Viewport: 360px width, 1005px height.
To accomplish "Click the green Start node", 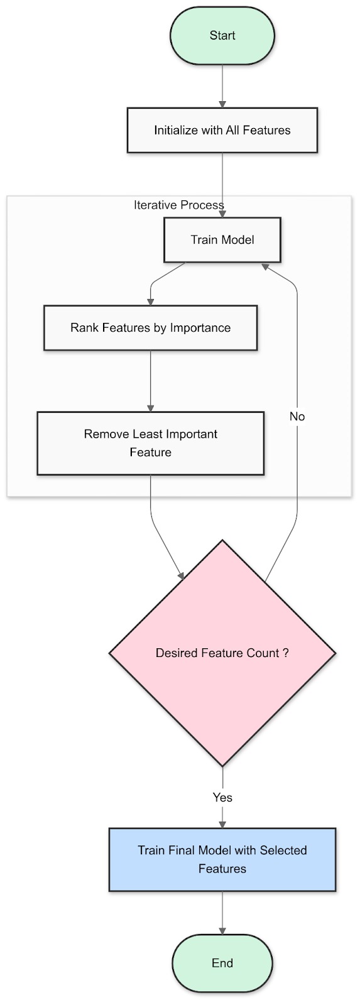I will (222, 36).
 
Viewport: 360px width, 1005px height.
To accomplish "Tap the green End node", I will (222, 963).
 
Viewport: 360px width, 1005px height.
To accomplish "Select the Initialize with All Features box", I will (222, 130).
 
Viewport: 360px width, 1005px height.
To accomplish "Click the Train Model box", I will (222, 239).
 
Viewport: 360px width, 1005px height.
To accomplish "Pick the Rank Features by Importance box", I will (150, 327).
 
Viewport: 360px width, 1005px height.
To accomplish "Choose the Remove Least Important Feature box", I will (150, 443).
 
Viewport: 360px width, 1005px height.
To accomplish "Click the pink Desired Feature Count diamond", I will (222, 653).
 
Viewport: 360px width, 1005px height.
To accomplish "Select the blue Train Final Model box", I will (222, 859).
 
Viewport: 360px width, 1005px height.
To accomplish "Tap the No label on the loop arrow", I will (297, 416).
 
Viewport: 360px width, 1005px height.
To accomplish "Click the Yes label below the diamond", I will (222, 797).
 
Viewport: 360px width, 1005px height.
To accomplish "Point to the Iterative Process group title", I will (179, 205).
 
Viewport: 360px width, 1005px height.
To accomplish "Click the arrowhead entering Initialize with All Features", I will (222, 104).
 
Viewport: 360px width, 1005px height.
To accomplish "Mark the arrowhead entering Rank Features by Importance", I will (150, 301).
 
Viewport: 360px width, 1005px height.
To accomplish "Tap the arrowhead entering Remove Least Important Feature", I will (150, 407).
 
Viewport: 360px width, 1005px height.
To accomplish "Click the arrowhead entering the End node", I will (222, 930).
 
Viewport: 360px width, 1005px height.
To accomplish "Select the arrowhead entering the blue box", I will (222, 824).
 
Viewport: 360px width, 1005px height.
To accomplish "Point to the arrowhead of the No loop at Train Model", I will (266, 267).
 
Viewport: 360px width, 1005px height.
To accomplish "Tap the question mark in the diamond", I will (286, 653).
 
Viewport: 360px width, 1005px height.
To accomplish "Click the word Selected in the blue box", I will (283, 850).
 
